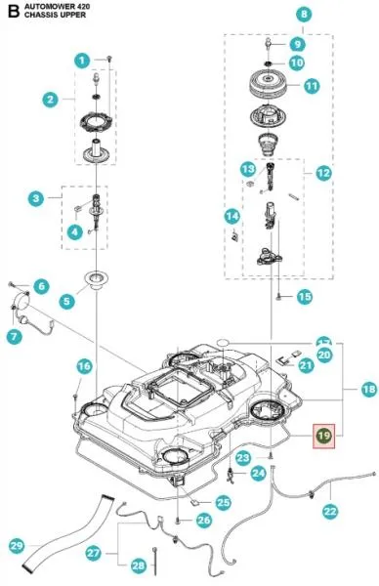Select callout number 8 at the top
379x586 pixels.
tap(304, 15)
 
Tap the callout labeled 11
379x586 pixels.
tap(311, 86)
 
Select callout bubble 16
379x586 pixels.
tap(84, 366)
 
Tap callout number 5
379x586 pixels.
tap(66, 302)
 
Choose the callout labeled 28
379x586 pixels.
tap(138, 565)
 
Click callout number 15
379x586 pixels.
tap(304, 296)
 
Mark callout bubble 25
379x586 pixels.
tap(224, 503)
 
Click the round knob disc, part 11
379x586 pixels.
tap(266, 86)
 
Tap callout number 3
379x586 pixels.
tap(37, 199)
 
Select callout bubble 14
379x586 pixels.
tap(232, 216)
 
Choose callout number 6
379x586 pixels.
tap(40, 285)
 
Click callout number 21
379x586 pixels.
tap(306, 365)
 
